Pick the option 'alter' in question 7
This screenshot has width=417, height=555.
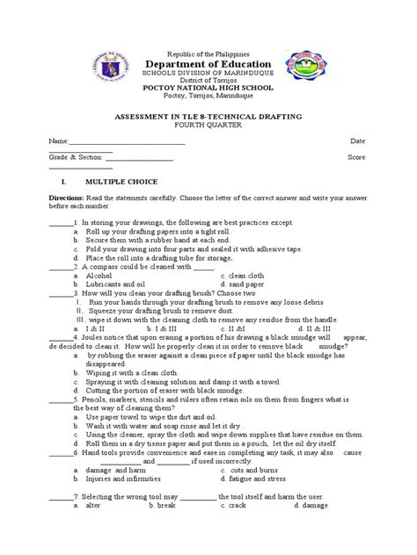pos(90,531)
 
